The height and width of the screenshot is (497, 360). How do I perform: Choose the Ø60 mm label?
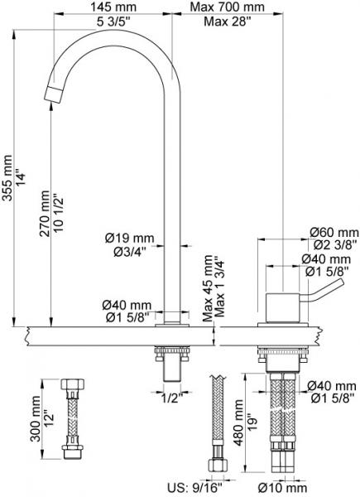click(x=334, y=232)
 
